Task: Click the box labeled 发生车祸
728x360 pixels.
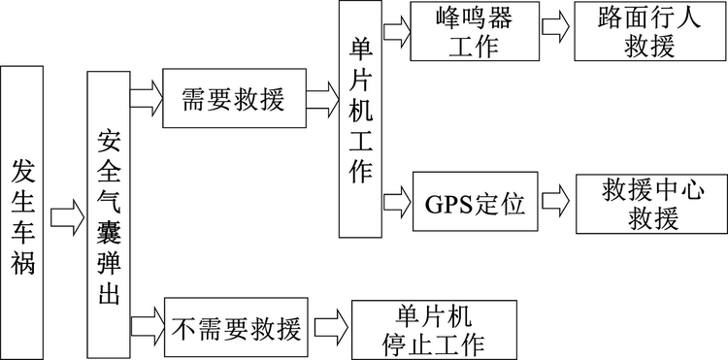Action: tap(24, 213)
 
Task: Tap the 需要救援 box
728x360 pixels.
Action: tap(234, 99)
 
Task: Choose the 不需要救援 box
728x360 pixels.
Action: tap(235, 327)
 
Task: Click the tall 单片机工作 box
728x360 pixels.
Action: tap(359, 119)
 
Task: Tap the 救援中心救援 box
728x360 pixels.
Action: tap(638, 204)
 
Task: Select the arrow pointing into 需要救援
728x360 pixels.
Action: tap(147, 97)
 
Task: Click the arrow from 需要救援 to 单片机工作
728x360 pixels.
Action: tap(321, 97)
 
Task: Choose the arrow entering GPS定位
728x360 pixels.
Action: tap(397, 203)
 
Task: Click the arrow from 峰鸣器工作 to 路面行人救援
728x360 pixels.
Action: tap(556, 27)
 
